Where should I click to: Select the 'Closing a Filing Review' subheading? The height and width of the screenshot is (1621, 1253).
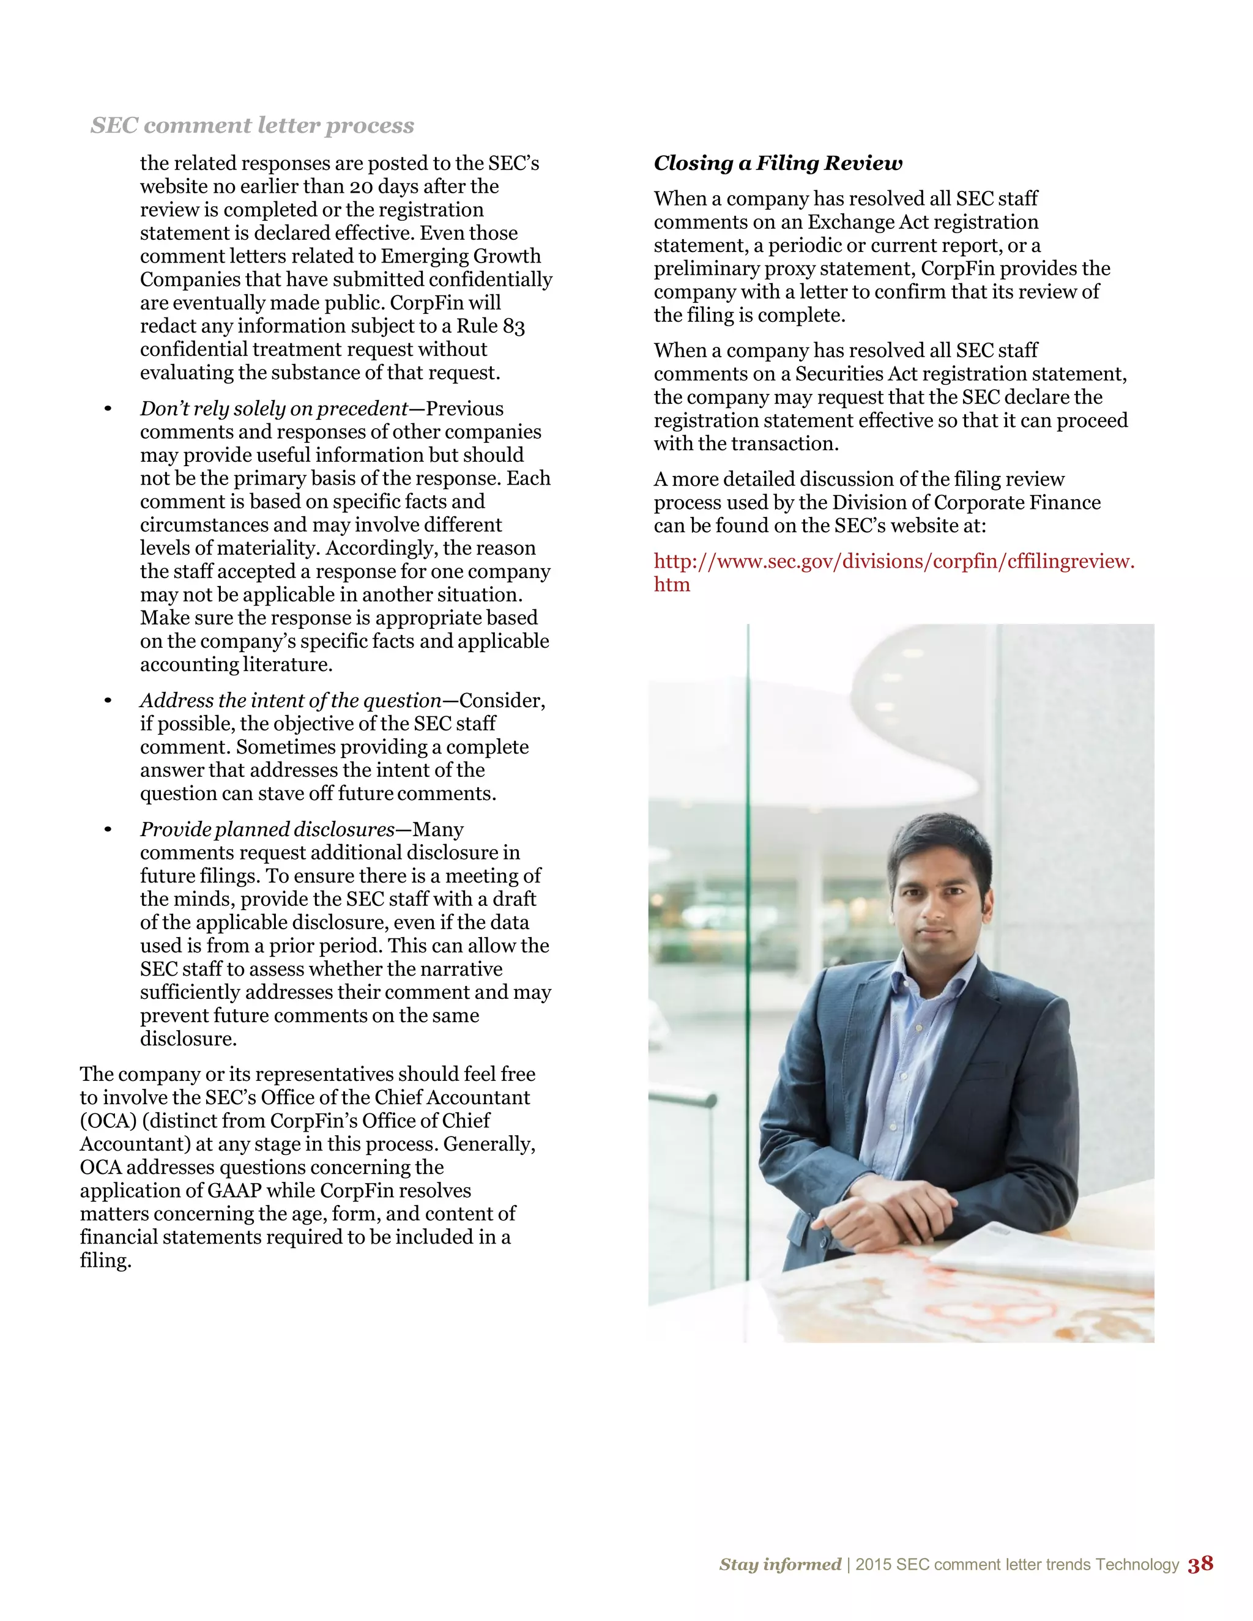(778, 163)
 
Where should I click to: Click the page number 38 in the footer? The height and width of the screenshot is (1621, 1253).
(1200, 1564)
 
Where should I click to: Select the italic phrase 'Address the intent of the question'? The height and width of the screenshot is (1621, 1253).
(290, 700)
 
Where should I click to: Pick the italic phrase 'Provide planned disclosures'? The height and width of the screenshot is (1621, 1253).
(267, 830)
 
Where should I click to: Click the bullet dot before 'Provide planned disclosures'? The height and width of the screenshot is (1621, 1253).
(108, 830)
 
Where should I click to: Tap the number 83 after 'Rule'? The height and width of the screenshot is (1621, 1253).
(514, 327)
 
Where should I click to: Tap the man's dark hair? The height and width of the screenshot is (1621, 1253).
(939, 842)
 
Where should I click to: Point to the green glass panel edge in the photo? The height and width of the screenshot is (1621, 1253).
(748, 891)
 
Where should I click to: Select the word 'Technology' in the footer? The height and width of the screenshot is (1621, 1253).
(1137, 1565)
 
